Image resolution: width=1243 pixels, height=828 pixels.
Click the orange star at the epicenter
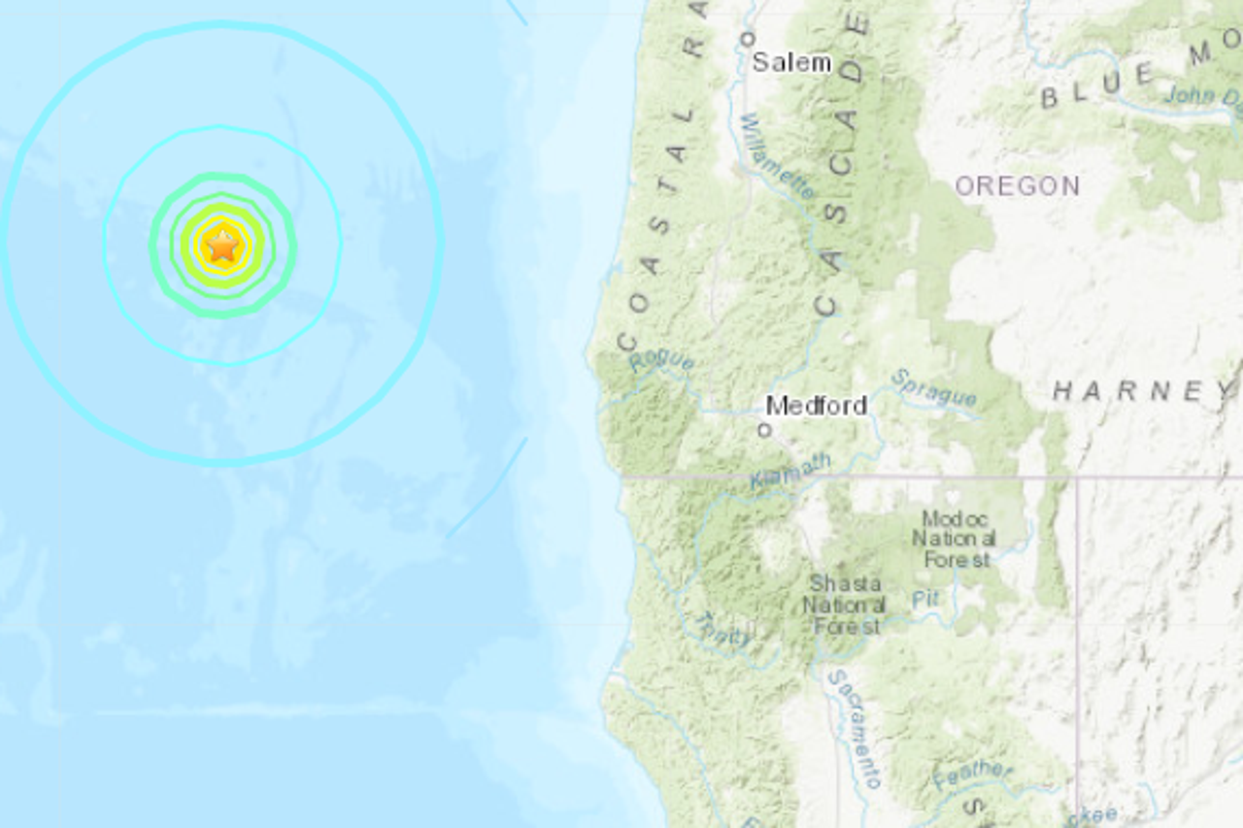222,246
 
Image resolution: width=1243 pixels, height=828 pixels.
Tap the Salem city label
791,63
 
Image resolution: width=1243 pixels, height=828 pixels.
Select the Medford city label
816,406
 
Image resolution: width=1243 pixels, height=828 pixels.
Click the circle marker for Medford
764,429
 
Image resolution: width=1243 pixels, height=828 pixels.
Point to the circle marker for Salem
747,39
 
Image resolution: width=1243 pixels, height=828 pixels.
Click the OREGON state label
1017,186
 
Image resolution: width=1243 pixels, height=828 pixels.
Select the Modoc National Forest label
957,540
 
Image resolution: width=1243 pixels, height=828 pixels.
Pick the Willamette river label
777,156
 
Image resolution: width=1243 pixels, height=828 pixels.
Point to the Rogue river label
661,362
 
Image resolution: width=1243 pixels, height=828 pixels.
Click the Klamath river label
790,471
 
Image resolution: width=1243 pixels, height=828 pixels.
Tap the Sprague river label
933,387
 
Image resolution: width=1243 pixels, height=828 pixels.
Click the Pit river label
925,599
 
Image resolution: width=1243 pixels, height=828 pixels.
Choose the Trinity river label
720,628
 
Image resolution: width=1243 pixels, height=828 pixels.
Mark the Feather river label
971,773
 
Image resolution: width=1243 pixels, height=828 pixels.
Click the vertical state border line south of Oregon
1077,641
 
